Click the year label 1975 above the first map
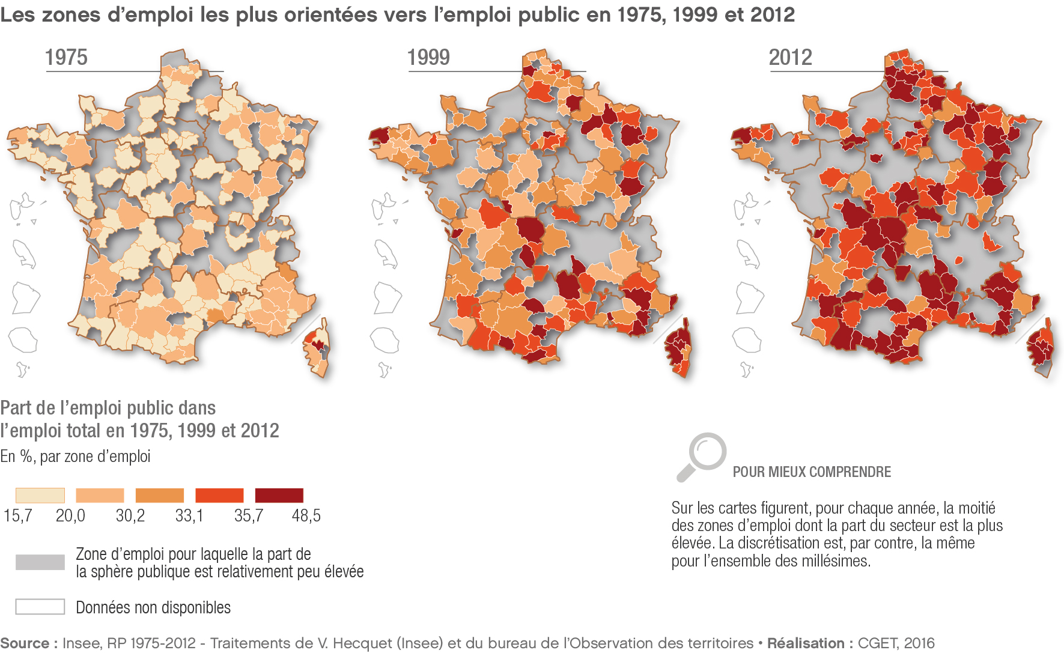pyautogui.click(x=66, y=58)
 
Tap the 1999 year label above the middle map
pyautogui.click(x=428, y=58)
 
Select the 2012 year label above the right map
pyautogui.click(x=791, y=58)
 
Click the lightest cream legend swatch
pyautogui.click(x=40, y=496)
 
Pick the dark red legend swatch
pyautogui.click(x=279, y=496)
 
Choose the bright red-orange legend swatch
pyautogui.click(x=219, y=496)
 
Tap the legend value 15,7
pyautogui.click(x=17, y=515)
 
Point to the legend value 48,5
pyautogui.click(x=306, y=515)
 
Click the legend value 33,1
pyautogui.click(x=189, y=515)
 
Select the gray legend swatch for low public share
pyautogui.click(x=40, y=562)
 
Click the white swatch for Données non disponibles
pyautogui.click(x=40, y=607)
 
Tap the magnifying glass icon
pyautogui.click(x=702, y=455)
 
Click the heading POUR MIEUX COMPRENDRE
pyautogui.click(x=812, y=472)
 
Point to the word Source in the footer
pyautogui.click(x=25, y=643)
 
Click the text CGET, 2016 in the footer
pyautogui.click(x=896, y=643)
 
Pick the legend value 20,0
pyautogui.click(x=70, y=515)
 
